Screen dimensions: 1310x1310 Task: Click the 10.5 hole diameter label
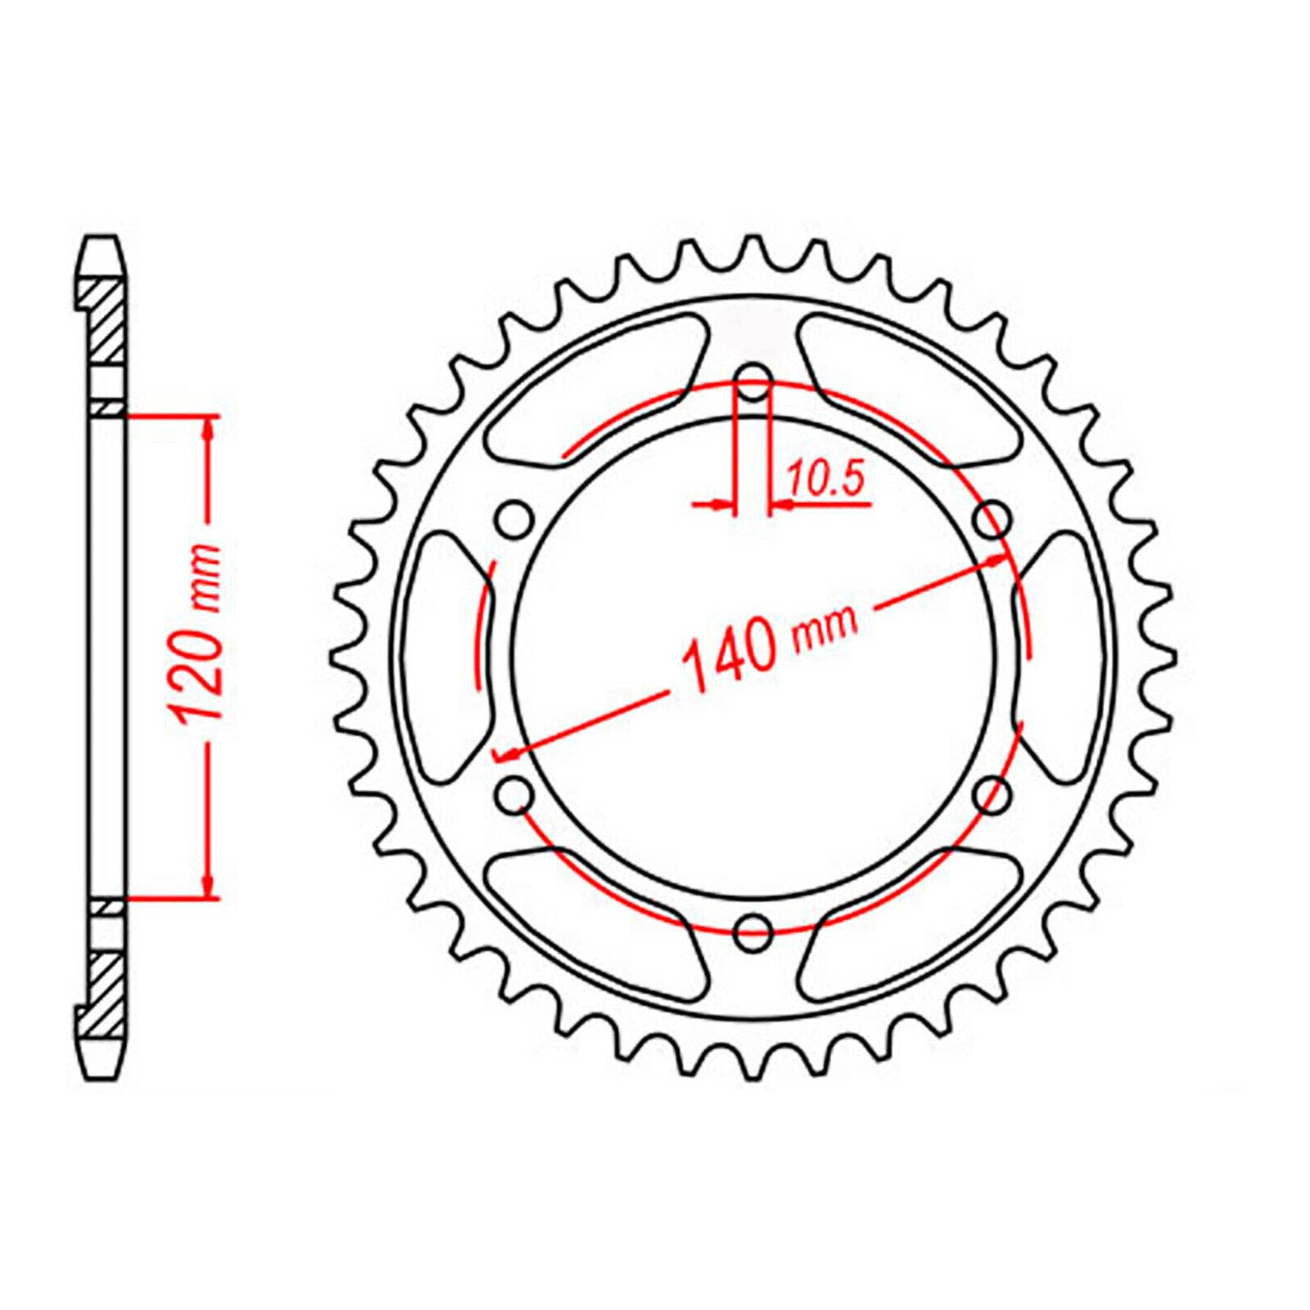point(825,479)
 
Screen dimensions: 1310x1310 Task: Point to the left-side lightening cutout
point(446,655)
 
